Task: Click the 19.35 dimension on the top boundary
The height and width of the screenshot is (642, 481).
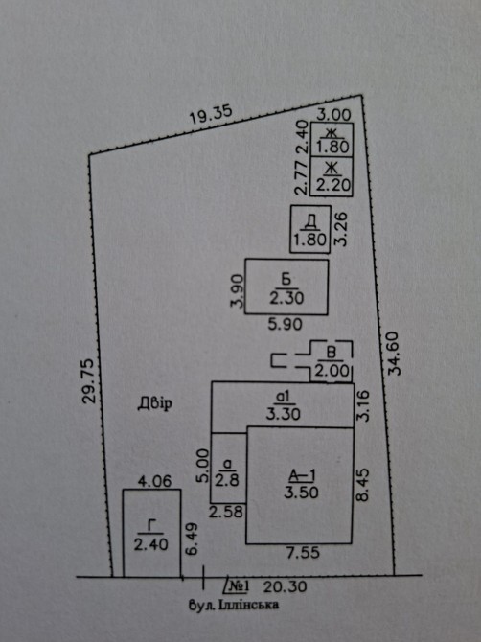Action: [x=211, y=115]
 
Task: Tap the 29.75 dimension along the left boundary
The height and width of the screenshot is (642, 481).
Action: [x=89, y=380]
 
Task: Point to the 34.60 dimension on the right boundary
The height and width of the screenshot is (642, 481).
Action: [x=395, y=353]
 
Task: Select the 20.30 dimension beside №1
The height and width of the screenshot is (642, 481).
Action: [x=285, y=586]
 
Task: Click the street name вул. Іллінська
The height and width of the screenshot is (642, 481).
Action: [x=234, y=605]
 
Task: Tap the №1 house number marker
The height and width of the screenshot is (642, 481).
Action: [x=237, y=585]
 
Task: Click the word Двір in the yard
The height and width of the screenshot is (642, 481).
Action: [x=154, y=404]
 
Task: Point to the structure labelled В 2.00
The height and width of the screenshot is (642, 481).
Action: [x=332, y=361]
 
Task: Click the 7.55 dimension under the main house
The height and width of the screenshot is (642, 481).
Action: [x=303, y=553]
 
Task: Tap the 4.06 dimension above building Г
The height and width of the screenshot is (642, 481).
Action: [x=154, y=481]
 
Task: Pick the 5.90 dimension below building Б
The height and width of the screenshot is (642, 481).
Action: [x=286, y=324]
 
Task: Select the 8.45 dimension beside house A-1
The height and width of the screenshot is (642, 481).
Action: [x=363, y=484]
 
